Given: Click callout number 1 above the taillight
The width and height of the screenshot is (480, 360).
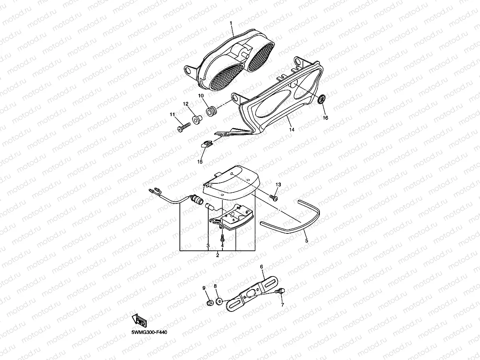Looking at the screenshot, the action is pyautogui.click(x=232, y=24).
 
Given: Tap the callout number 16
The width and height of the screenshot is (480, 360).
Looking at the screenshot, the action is pyautogui.click(x=325, y=118).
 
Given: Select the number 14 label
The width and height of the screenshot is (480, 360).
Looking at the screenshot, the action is pyautogui.click(x=291, y=129).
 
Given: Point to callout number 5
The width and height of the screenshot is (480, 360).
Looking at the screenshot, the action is pyautogui.click(x=306, y=239).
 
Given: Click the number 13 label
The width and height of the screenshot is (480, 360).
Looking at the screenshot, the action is pyautogui.click(x=278, y=185).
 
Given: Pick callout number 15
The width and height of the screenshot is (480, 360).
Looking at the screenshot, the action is pyautogui.click(x=200, y=162).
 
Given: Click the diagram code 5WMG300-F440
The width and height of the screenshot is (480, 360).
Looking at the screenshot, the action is pyautogui.click(x=149, y=332).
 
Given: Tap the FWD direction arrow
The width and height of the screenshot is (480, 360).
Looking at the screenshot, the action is pyautogui.click(x=140, y=319).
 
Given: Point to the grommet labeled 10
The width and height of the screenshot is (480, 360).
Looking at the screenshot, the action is pyautogui.click(x=212, y=111).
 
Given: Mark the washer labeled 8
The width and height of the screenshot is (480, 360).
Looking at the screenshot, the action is pyautogui.click(x=219, y=303).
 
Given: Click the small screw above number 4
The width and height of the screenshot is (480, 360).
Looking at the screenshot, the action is pyautogui.click(x=222, y=238).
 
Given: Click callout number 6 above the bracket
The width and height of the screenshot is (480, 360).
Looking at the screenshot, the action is pyautogui.click(x=261, y=267).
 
